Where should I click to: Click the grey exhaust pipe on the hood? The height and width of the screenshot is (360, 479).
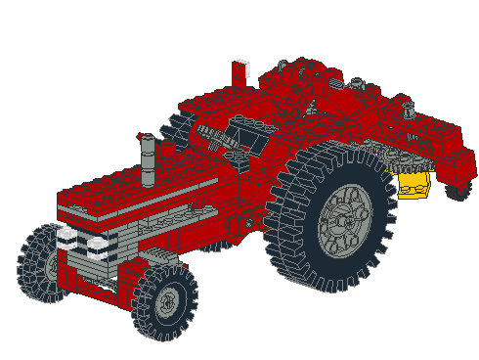148,160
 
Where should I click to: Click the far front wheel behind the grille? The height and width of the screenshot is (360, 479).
41,262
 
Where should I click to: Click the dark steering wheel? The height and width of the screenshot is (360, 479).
220,137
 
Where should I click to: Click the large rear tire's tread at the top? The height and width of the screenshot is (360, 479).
332,157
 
